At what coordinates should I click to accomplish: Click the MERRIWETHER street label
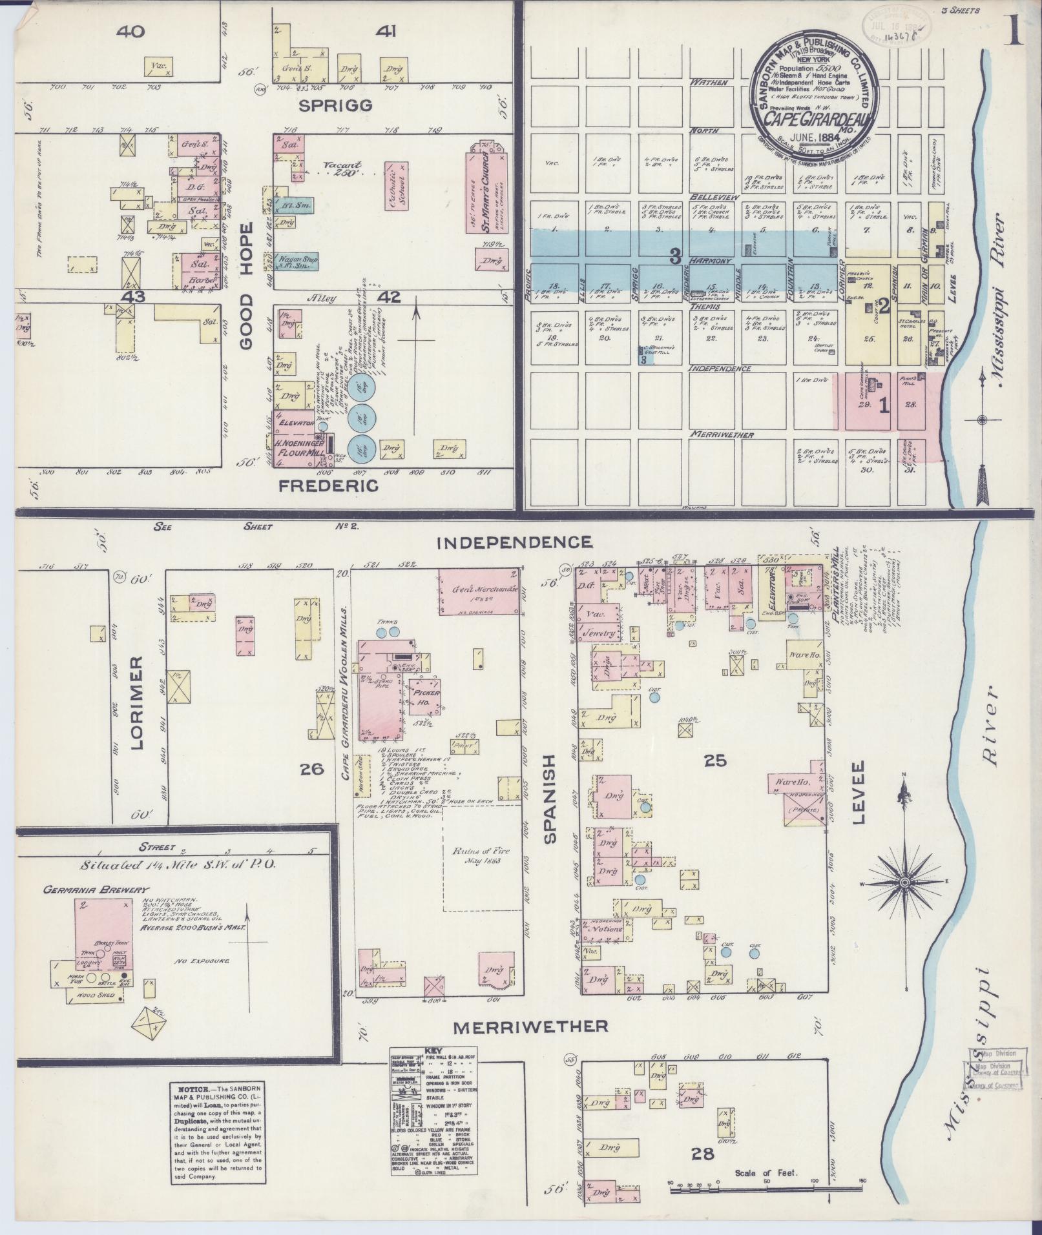[x=530, y=1026]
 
